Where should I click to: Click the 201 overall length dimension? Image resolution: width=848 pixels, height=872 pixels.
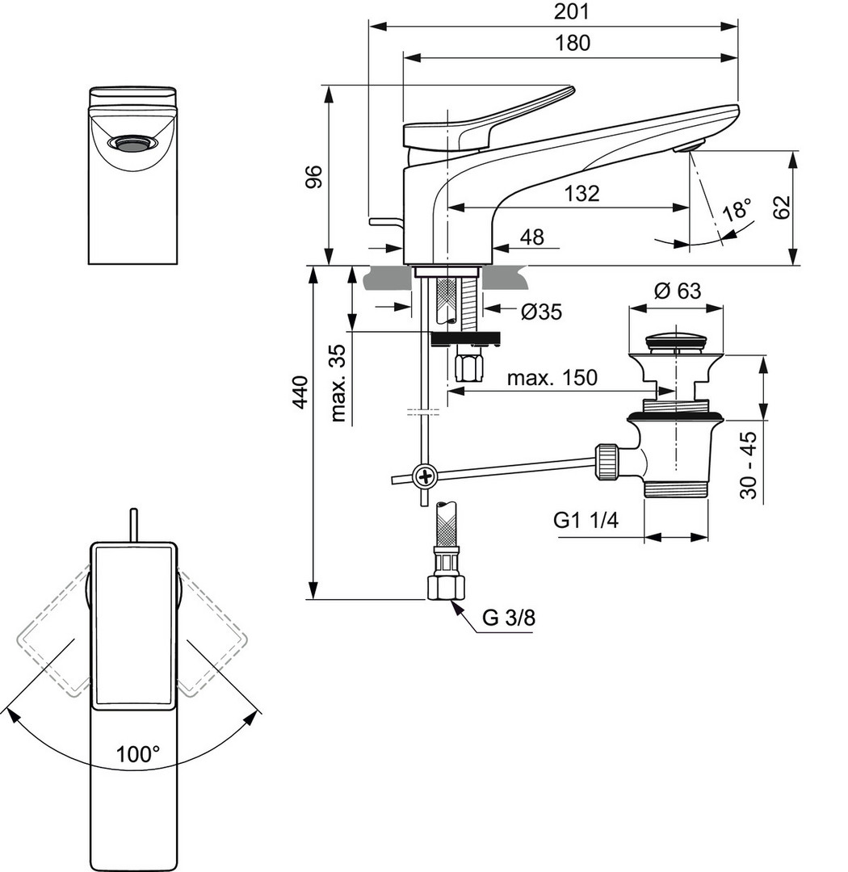click(573, 12)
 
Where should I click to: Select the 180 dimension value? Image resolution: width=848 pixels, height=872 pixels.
click(573, 43)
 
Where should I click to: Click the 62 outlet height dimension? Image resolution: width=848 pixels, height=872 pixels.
click(781, 207)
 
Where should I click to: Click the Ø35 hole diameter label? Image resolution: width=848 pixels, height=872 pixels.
click(541, 312)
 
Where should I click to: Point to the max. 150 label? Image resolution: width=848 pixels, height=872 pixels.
click(552, 377)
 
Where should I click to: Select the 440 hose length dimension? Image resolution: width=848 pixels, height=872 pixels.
click(300, 392)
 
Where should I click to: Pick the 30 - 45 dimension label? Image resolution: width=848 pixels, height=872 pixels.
click(749, 465)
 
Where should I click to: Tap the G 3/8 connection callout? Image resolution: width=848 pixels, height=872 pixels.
click(509, 618)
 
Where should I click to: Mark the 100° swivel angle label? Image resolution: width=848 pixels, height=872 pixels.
click(138, 754)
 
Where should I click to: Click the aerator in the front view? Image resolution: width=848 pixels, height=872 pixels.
click(132, 144)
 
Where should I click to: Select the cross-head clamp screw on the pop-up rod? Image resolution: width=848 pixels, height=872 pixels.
click(424, 476)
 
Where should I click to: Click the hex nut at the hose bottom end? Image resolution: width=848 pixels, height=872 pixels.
click(443, 587)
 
